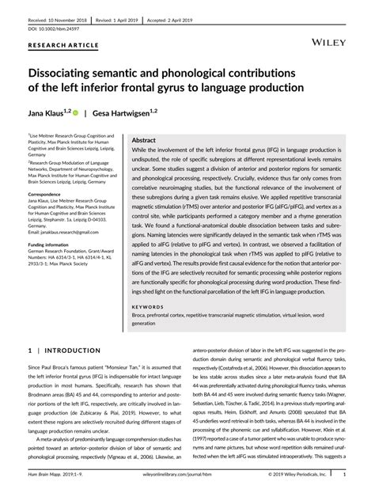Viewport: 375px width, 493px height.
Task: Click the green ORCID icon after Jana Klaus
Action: click(77, 113)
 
